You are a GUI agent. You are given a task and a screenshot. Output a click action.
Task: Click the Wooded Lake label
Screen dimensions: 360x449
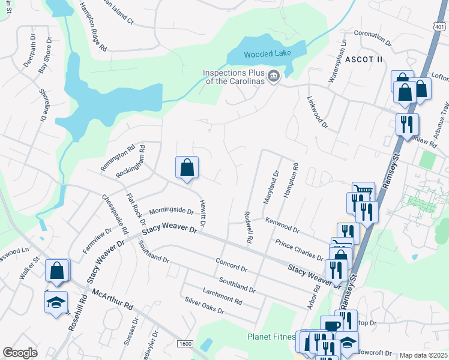click(267, 53)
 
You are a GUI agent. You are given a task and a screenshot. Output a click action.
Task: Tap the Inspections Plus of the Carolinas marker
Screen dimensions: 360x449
click(274, 76)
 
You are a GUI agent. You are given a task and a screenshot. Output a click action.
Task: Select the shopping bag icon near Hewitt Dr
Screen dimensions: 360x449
click(187, 168)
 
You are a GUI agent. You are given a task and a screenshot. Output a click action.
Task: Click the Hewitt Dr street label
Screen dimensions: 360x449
click(203, 213)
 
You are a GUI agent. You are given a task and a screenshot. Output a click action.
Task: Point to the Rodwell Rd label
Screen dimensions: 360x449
click(247, 226)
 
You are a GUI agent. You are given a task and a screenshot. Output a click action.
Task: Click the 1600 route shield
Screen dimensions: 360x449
click(185, 343)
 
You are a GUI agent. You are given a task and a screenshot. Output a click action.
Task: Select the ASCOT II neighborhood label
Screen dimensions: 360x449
click(363, 59)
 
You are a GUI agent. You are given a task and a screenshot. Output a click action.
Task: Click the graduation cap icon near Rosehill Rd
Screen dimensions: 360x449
click(56, 302)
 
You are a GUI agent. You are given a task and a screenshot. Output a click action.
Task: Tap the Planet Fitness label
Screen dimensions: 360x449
click(270, 337)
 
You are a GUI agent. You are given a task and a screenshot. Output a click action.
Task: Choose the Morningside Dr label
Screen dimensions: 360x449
click(171, 211)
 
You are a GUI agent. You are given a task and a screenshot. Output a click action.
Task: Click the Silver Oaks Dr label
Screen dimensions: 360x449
click(204, 306)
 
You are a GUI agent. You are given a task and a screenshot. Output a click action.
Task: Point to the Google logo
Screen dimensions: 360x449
click(20, 353)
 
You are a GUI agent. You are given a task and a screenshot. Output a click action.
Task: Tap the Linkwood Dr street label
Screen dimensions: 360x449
click(317, 112)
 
